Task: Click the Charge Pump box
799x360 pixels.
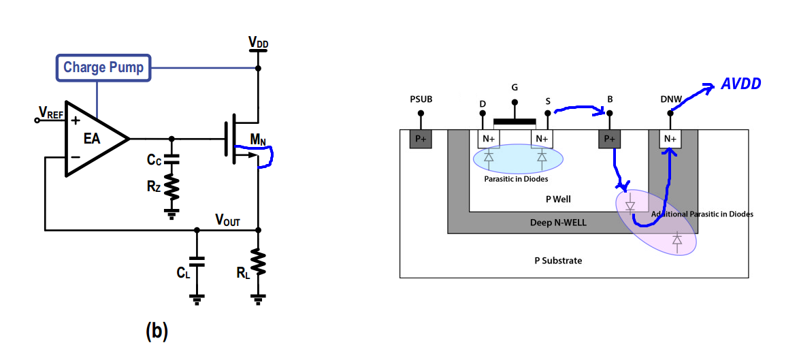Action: (103, 67)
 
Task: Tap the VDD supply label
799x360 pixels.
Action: (259, 44)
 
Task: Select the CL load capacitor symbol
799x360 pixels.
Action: (197, 262)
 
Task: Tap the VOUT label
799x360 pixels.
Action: (227, 220)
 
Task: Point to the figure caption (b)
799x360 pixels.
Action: (157, 331)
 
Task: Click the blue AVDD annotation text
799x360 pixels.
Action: (740, 84)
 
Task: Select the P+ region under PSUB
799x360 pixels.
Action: (421, 139)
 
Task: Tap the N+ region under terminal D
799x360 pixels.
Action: (489, 139)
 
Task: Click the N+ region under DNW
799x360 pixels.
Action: (670, 139)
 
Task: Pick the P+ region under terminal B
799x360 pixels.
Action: (609, 139)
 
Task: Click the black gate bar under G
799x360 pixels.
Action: (515, 122)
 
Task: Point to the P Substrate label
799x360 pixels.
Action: (558, 261)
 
